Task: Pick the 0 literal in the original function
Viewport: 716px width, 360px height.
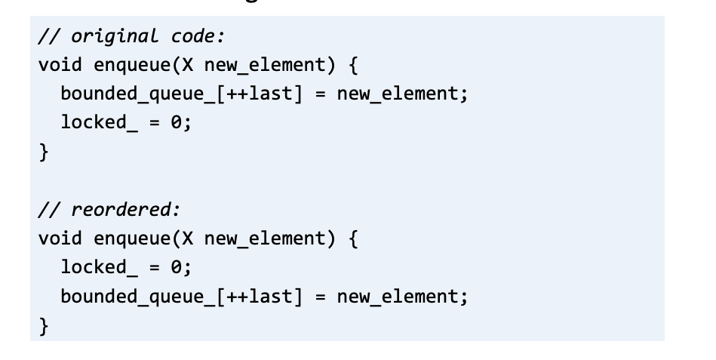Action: click(182, 124)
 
